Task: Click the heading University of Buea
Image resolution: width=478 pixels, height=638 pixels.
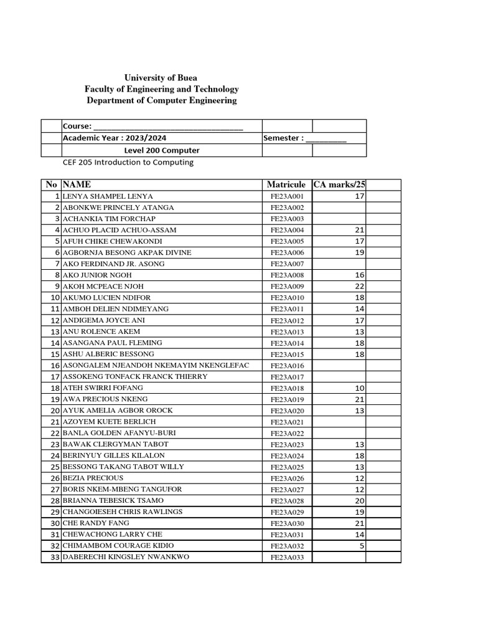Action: (x=161, y=78)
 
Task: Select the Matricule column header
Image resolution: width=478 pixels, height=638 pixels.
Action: (x=286, y=184)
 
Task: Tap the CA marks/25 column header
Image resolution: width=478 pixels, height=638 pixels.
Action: (x=339, y=184)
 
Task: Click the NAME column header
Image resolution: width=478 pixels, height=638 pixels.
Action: (x=77, y=184)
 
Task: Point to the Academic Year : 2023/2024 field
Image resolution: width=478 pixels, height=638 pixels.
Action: (x=115, y=138)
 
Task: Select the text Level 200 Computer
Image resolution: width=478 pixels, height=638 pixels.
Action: (x=161, y=150)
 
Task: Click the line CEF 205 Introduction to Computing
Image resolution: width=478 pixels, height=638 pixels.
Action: (x=128, y=163)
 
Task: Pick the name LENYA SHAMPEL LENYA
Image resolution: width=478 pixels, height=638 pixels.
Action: (x=107, y=196)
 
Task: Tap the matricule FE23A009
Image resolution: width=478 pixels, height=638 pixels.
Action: (x=287, y=287)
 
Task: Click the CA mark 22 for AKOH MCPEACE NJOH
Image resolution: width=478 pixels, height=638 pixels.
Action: (x=359, y=287)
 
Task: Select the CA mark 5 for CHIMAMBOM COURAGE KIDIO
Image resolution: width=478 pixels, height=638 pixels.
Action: (x=362, y=546)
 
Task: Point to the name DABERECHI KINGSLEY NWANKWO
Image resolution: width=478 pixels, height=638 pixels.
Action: (x=125, y=557)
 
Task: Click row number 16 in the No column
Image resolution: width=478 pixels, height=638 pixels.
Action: (x=54, y=366)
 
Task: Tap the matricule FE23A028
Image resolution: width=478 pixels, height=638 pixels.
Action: (x=287, y=501)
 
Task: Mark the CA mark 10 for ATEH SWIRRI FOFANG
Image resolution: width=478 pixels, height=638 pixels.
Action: (x=359, y=388)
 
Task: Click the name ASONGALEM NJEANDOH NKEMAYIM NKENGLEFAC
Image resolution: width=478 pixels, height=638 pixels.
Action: (x=155, y=365)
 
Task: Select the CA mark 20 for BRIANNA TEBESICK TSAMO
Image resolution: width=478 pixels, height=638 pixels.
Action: (x=359, y=501)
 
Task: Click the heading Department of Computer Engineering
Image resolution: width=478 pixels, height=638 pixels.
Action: (x=162, y=100)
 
